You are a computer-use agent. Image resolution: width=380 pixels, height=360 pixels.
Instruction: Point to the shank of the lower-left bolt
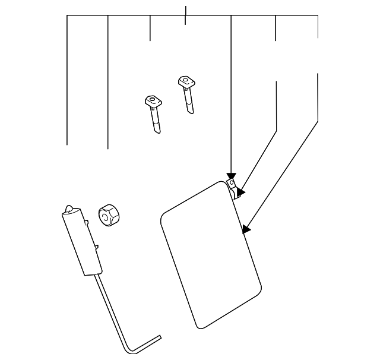click(156, 122)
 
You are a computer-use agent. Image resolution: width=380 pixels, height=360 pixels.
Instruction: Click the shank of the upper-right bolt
click(188, 100)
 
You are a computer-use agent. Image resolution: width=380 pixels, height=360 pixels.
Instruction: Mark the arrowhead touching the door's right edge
click(247, 229)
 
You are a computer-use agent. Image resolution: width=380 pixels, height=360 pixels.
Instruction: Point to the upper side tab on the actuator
click(88, 223)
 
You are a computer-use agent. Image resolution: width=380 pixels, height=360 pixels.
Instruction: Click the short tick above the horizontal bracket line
click(186, 11)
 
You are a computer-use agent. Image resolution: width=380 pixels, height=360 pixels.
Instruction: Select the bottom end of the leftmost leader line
click(67, 144)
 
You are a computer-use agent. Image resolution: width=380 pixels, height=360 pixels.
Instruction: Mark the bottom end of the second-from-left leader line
click(107, 147)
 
